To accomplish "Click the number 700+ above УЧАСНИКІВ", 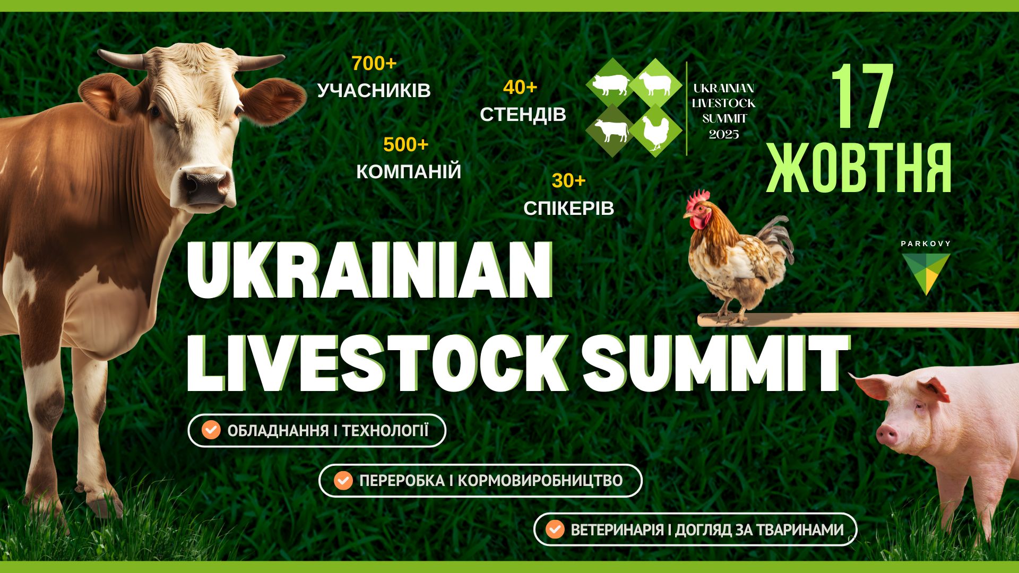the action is tap(374, 64).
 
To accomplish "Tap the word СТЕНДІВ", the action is tap(523, 114).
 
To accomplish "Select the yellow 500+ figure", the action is tap(405, 144).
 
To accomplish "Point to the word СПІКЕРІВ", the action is tap(568, 209).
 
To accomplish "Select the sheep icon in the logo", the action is tap(656, 83).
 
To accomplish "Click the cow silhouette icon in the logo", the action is tap(611, 131).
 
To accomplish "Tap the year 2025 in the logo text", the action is tap(724, 134).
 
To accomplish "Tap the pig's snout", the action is tap(886, 435).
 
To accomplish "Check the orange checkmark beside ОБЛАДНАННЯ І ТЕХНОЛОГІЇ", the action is tap(211, 430).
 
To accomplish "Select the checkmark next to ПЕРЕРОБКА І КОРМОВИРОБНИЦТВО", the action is tap(343, 481).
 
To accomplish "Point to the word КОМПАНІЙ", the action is tap(409, 171).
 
